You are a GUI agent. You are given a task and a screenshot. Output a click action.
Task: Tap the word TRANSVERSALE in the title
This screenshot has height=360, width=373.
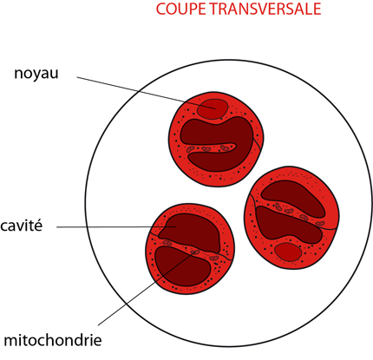click(x=265, y=9)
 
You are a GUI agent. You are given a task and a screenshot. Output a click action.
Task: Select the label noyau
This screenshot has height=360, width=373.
click(x=36, y=74)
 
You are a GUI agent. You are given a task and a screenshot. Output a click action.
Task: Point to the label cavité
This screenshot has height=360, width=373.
click(x=21, y=226)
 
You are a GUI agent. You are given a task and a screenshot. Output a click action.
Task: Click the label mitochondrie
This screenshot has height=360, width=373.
click(x=53, y=340)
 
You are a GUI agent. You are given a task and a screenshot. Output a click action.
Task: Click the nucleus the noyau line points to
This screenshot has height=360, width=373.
click(x=212, y=108)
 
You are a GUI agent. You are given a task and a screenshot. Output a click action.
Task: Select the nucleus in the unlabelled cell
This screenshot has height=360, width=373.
click(x=288, y=252)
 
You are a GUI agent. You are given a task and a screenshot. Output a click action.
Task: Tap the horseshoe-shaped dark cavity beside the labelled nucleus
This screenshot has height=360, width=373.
click(x=219, y=144)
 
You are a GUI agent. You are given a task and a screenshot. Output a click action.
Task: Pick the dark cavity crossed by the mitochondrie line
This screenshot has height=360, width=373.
click(x=182, y=266)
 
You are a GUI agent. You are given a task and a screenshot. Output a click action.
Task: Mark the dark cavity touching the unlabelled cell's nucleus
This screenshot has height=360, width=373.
click(x=289, y=224)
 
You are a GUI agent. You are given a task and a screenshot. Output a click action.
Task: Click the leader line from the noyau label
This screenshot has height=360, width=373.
click(x=147, y=93)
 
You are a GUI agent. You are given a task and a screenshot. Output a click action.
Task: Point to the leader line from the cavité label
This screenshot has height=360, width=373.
click(x=116, y=227)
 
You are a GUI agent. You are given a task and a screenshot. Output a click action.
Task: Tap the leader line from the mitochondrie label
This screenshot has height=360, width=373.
click(x=147, y=288)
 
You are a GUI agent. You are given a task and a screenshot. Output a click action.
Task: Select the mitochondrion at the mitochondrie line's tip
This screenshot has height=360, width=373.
click(x=195, y=252)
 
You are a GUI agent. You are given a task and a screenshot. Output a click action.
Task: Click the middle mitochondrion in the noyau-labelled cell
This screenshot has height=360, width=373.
click(x=206, y=149)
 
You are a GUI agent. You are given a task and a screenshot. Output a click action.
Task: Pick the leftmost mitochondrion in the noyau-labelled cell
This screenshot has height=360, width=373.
click(x=190, y=149)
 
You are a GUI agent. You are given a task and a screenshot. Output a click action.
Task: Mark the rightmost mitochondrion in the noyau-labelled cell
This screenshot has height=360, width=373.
click(x=225, y=148)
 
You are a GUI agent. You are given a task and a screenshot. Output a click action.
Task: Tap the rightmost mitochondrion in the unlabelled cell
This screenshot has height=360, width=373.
click(x=320, y=224)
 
